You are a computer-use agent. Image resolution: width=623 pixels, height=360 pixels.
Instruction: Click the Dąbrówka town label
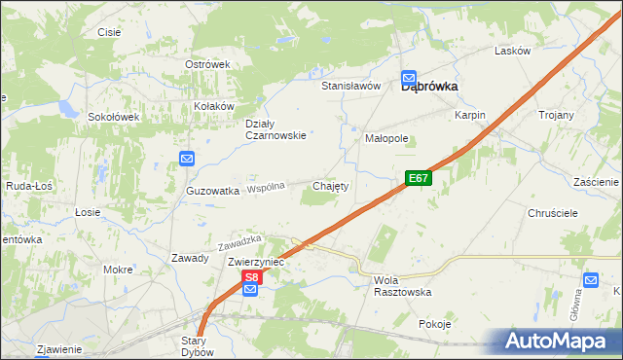(430, 86)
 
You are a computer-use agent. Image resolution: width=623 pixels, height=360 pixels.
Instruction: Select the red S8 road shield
(251, 278)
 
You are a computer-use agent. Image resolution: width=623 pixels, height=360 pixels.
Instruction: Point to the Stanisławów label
(350, 86)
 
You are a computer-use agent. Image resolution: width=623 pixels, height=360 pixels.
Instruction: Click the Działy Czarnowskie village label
(275, 129)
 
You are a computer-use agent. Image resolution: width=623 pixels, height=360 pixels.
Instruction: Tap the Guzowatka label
(213, 192)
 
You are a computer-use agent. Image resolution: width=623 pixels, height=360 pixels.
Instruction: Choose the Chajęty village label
(330, 185)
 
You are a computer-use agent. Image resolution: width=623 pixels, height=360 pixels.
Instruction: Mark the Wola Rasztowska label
(402, 285)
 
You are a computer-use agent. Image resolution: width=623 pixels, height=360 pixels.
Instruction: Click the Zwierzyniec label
(256, 263)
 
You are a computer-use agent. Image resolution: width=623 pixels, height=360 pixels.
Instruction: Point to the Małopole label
(386, 139)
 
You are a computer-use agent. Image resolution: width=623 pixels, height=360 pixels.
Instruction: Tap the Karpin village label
(469, 115)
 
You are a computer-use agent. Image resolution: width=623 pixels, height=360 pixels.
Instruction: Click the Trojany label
(556, 115)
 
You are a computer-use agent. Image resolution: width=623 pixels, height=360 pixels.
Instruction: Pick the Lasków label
(512, 51)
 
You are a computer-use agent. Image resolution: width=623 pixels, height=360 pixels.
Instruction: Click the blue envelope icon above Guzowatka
(187, 159)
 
